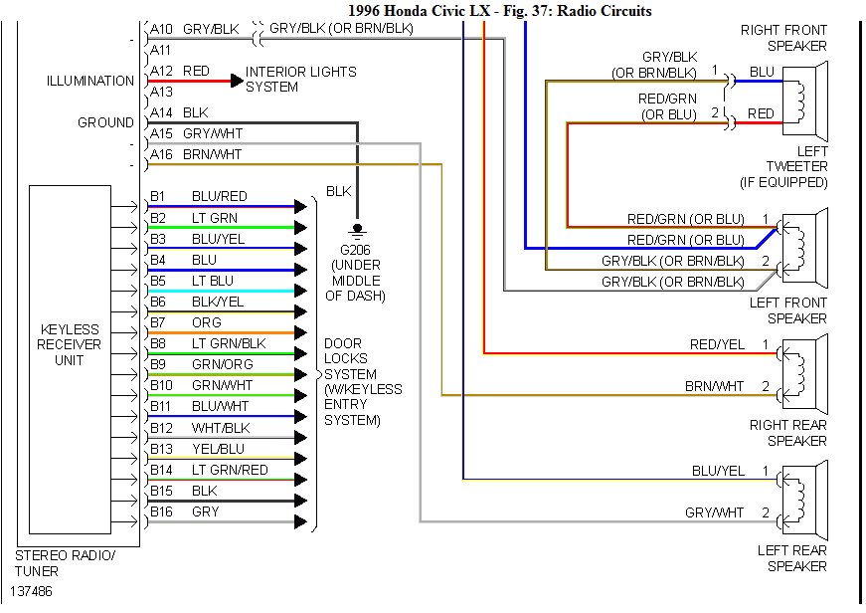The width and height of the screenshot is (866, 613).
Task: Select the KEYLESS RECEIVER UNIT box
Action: pos(70,359)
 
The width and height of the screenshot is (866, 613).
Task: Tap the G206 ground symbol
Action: pos(357,230)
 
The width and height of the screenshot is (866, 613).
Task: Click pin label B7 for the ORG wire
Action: pos(158,322)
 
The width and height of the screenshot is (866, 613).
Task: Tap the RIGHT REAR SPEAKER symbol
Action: pos(807,369)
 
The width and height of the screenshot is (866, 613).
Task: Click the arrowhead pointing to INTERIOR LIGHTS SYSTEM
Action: pos(237,80)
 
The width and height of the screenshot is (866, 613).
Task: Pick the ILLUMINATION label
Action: pos(89,81)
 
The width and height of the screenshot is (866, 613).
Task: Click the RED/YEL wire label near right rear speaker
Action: pos(716,344)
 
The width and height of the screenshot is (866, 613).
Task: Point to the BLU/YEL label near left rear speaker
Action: pos(718,470)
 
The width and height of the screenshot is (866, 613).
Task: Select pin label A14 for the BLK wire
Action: pos(160,112)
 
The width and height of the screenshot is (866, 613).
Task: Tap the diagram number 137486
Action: pos(33,591)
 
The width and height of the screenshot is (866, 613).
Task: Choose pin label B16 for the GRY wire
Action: pos(161,511)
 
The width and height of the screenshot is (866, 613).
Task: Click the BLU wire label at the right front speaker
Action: pos(762,72)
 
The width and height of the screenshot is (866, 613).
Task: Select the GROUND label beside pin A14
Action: pos(105,122)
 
